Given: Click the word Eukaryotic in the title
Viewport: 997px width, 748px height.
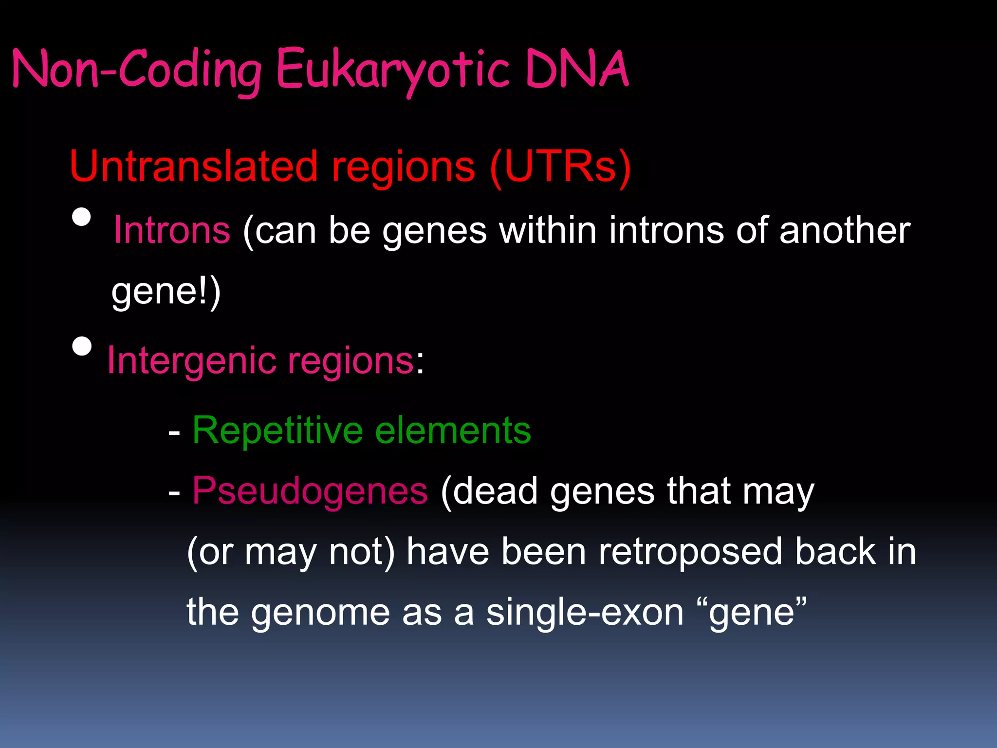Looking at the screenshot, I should coord(392,70).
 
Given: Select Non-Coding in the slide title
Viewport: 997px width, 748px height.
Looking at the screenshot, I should coord(136,70).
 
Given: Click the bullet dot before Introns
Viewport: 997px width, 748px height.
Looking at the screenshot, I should coord(81,218).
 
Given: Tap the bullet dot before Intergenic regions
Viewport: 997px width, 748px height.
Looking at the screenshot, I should coord(81,347).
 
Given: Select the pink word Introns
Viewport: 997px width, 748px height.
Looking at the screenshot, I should coord(171,230).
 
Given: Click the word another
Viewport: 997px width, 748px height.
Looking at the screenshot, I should coord(845,230).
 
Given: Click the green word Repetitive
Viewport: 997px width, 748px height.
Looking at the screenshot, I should coord(277,431).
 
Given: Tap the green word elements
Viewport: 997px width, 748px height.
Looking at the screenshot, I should coord(453,431).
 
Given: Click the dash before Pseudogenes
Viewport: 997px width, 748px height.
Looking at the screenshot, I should coord(174,493).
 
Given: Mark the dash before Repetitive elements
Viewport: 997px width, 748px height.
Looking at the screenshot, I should coord(174,432).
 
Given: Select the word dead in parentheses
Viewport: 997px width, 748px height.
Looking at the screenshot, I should coord(492,491).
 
